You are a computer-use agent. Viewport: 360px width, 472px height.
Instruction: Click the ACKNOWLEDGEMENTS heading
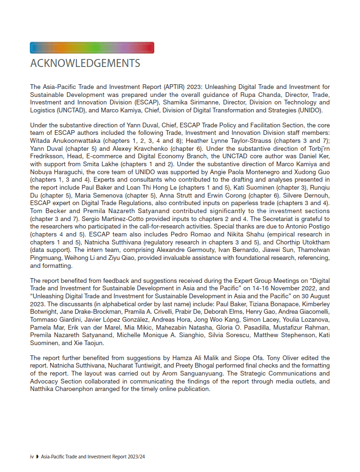(x=85, y=63)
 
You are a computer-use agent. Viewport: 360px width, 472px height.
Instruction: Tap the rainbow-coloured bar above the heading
(x=92, y=48)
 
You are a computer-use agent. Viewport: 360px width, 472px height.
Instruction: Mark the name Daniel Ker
(x=315, y=156)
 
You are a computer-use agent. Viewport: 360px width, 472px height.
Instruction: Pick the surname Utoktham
(x=315, y=243)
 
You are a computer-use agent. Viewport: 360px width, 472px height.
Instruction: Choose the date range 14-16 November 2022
(x=275, y=288)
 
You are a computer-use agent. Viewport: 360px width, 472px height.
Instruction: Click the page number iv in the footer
(x=32, y=456)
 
